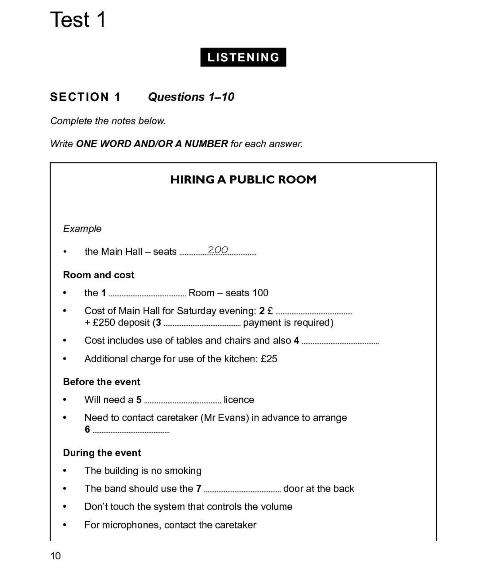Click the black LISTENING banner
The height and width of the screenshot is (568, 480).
click(243, 57)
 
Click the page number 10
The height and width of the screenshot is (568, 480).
click(56, 556)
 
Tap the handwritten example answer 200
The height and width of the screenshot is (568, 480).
click(218, 250)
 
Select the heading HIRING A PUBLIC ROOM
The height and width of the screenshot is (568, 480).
click(243, 180)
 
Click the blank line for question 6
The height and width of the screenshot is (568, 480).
click(131, 431)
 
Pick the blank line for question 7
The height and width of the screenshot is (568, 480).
click(242, 490)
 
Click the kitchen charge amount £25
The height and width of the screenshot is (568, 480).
click(269, 359)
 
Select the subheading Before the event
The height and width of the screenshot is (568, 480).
click(102, 382)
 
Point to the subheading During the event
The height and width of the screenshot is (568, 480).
click(102, 453)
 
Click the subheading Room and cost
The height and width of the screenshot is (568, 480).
click(99, 275)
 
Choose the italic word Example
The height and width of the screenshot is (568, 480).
click(82, 229)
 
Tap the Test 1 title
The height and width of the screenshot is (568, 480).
click(78, 20)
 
